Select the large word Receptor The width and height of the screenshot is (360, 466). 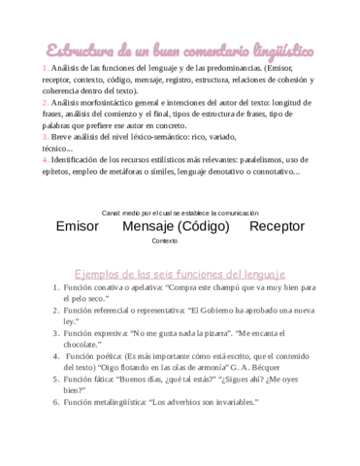point(277,226)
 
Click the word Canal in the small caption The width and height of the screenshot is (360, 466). point(112,212)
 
